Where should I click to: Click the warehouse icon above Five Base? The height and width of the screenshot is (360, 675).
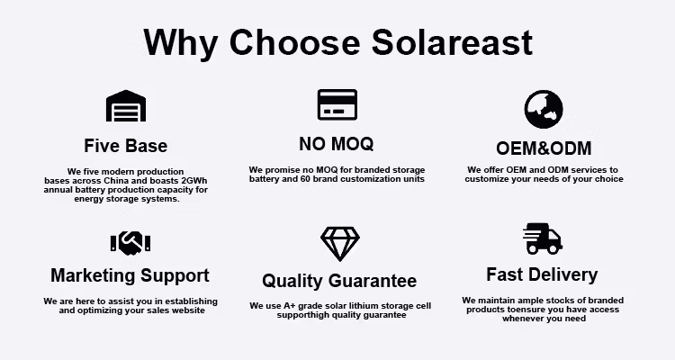coord(126,106)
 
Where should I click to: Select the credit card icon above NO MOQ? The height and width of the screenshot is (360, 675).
coord(337,104)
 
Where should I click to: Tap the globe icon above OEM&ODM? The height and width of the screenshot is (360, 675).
coord(544,109)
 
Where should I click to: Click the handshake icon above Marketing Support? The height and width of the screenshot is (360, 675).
coord(130,241)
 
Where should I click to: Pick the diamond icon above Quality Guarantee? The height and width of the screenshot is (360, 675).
coord(339,243)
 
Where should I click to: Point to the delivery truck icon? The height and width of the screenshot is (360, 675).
coord(542,238)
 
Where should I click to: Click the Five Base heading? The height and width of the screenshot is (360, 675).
coord(126,146)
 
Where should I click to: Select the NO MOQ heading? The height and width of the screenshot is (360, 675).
coord(336,144)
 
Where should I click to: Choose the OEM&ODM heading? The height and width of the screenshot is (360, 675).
coord(544,148)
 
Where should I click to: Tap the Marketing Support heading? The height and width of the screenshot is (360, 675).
coord(130,275)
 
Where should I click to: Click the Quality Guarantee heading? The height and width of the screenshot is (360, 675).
coord(339,281)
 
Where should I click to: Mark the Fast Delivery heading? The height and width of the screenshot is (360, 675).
coord(542,274)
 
